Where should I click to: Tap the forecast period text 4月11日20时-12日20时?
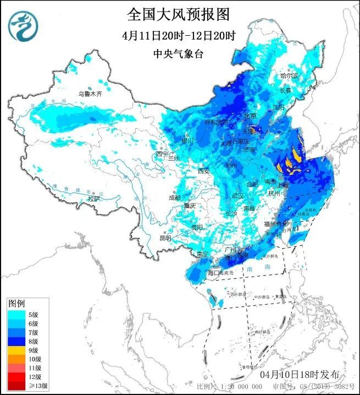[179, 36]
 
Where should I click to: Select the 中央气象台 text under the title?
[179, 54]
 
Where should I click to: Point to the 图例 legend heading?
[16, 304]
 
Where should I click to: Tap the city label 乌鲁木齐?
[90, 94]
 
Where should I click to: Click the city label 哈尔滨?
[289, 75]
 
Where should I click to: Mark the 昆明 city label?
[165, 238]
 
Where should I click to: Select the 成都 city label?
[175, 197]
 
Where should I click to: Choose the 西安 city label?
[204, 171]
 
